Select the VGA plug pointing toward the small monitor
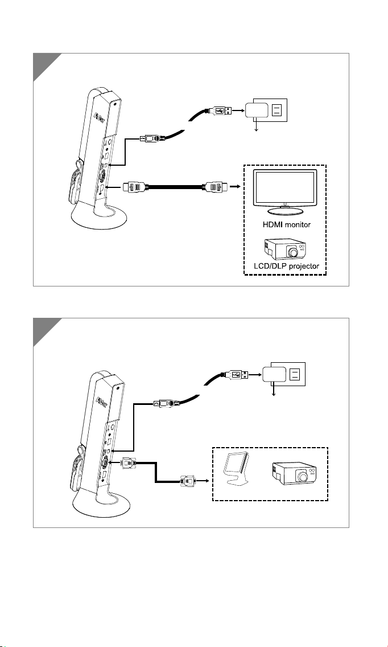coord(187,481)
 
